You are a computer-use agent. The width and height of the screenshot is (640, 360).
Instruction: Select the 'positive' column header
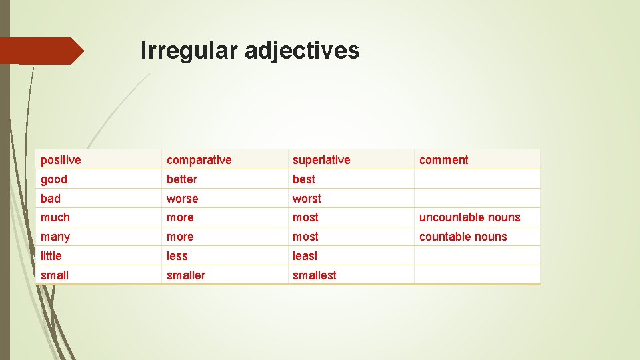click(61, 160)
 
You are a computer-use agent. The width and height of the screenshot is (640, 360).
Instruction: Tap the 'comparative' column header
click(199, 160)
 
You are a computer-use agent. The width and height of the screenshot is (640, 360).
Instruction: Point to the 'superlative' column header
click(321, 160)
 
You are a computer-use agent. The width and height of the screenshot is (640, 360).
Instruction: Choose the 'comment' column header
click(443, 160)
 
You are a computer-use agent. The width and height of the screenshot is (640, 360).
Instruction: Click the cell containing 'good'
click(54, 179)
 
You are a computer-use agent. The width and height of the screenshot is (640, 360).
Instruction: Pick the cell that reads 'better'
click(182, 179)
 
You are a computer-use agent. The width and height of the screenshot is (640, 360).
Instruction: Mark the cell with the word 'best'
click(304, 179)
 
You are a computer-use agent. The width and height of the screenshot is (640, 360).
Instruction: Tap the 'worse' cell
click(183, 199)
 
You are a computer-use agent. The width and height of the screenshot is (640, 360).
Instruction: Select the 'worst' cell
click(307, 199)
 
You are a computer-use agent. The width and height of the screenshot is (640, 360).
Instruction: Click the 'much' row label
click(55, 217)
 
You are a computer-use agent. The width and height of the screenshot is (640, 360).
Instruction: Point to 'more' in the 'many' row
click(180, 237)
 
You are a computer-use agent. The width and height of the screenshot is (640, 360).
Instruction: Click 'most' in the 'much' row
click(305, 217)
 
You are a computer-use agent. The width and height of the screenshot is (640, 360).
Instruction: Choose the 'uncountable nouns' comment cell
click(469, 217)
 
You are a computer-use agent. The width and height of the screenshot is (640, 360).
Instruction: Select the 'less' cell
click(177, 256)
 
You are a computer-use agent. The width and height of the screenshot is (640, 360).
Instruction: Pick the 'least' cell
click(305, 256)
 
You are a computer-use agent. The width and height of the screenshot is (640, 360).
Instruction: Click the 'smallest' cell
click(314, 275)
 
